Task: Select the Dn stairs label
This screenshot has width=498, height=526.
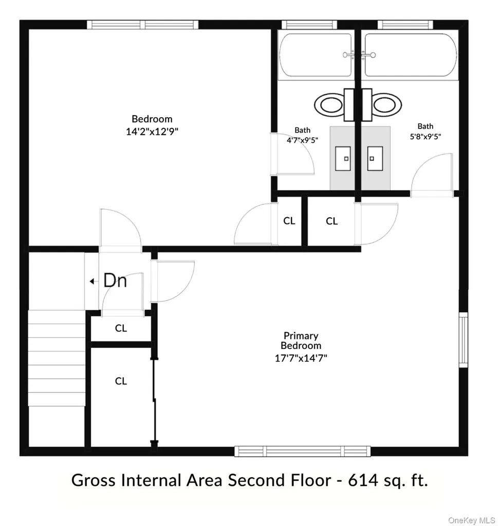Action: click(x=115, y=280)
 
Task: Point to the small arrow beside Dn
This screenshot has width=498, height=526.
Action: click(x=91, y=281)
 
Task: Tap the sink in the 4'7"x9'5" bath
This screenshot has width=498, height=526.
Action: click(x=343, y=158)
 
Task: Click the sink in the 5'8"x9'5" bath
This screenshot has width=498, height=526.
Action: click(x=375, y=158)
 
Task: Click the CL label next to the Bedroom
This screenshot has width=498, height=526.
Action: click(x=289, y=221)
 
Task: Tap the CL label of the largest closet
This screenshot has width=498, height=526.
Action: click(x=121, y=381)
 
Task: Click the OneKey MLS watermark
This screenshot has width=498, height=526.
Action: click(x=472, y=520)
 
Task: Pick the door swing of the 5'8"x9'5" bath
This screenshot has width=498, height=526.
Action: click(x=432, y=175)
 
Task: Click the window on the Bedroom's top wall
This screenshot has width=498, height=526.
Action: click(x=143, y=25)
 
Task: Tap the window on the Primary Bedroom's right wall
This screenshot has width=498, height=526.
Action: click(x=464, y=340)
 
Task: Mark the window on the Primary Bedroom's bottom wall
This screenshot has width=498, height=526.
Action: click(x=302, y=451)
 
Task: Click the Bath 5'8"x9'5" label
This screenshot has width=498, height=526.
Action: click(x=425, y=131)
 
